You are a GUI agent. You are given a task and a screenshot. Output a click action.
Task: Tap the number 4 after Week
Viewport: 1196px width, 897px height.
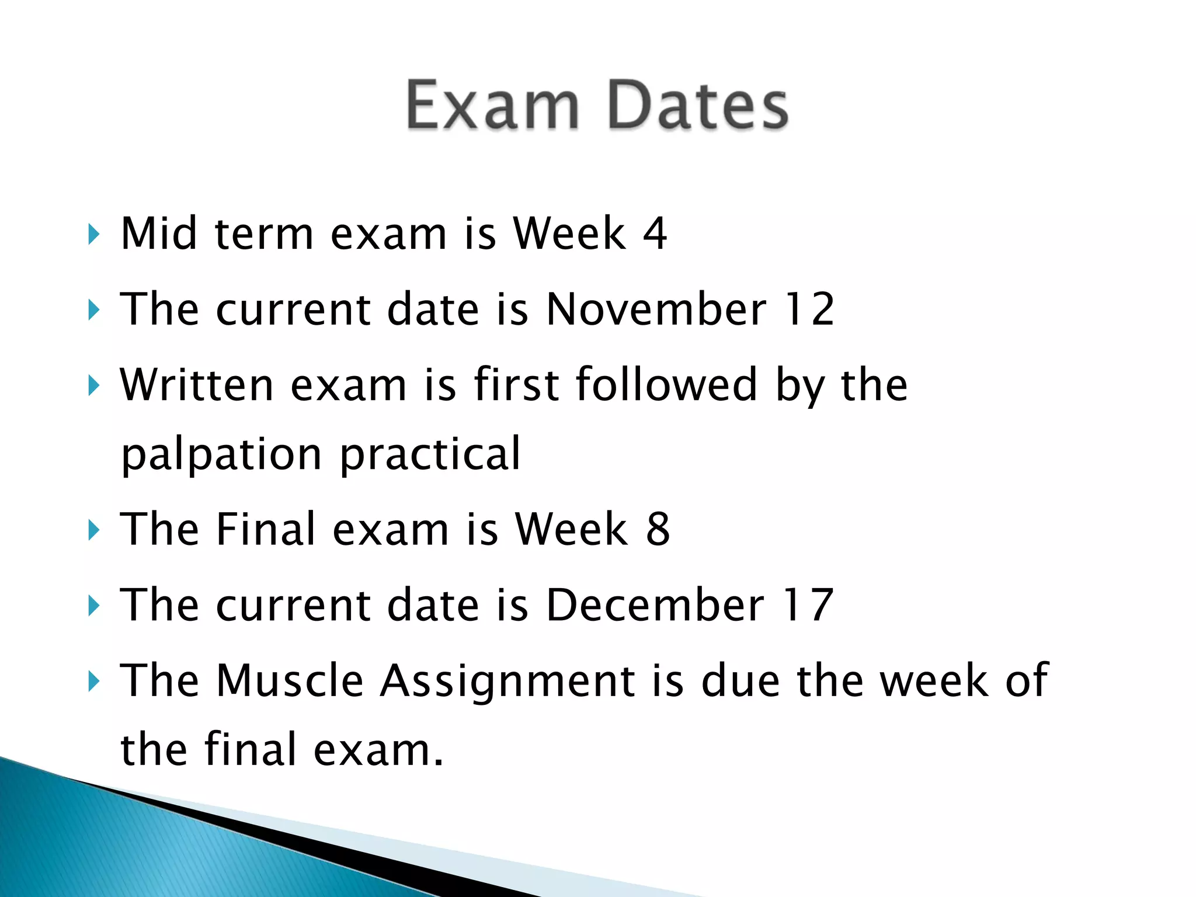[655, 234]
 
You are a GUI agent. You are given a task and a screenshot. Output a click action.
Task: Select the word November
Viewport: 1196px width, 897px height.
[656, 309]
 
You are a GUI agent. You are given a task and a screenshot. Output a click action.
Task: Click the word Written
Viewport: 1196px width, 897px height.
[197, 385]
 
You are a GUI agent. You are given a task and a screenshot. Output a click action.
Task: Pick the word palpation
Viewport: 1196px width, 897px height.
[221, 454]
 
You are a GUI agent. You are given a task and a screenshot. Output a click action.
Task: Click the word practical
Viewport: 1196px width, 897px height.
[430, 454]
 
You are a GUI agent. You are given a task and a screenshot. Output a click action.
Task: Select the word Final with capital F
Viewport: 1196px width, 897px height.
[266, 529]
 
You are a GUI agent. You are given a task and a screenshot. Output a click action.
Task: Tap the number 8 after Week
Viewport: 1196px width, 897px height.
[658, 529]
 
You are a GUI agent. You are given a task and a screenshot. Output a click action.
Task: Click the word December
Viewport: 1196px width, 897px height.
[655, 604]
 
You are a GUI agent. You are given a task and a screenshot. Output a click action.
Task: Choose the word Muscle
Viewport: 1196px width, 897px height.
[290, 680]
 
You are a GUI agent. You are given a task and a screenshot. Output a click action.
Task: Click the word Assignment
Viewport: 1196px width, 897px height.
[507, 680]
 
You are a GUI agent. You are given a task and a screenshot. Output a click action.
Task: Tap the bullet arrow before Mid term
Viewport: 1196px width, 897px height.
[93, 235]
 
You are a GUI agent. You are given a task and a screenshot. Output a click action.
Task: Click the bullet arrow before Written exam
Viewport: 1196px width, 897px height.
[93, 386]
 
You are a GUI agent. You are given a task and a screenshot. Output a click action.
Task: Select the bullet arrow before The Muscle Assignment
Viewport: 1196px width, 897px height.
[93, 682]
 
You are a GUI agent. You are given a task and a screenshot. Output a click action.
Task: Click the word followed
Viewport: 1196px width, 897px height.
[666, 385]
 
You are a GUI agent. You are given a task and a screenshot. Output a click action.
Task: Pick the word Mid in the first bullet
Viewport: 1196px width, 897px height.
[159, 234]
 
